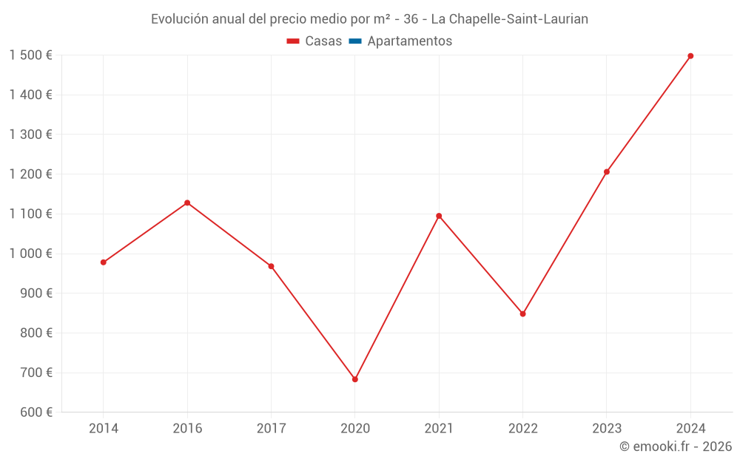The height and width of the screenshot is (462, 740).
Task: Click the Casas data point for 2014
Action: tap(104, 262)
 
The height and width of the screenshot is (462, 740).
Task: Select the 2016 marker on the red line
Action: tap(187, 203)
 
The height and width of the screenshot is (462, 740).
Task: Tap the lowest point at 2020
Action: tap(355, 379)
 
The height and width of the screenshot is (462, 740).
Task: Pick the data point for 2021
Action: tap(439, 216)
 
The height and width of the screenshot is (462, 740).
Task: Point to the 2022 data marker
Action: tap(522, 314)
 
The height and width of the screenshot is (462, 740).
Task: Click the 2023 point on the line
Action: tap(607, 172)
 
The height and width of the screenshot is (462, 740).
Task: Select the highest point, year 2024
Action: tap(690, 56)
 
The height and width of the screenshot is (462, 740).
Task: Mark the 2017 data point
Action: tap(271, 266)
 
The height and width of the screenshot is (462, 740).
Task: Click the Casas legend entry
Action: tap(314, 41)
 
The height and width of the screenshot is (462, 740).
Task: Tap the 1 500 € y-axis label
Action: tap(30, 55)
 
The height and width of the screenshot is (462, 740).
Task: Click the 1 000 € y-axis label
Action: tap(30, 254)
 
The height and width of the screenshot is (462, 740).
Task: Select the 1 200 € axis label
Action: tap(30, 174)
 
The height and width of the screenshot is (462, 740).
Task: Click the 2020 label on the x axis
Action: tap(355, 428)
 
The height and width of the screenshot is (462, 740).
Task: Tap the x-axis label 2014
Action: tap(104, 428)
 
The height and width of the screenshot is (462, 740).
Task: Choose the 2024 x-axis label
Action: tap(690, 428)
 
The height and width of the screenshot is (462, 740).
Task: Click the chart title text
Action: tap(369, 19)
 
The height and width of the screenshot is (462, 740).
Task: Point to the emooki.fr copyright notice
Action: tap(676, 446)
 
